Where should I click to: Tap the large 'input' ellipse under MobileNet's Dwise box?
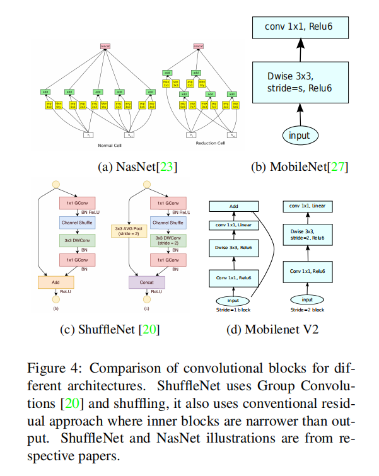pyautogui.click(x=300, y=136)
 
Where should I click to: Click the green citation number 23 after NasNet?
pyautogui.click(x=166, y=167)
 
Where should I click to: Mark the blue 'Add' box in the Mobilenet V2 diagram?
pyautogui.click(x=233, y=206)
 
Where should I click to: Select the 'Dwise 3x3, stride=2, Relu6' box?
pyautogui.click(x=308, y=238)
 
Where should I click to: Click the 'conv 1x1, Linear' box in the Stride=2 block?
pyautogui.click(x=307, y=206)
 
